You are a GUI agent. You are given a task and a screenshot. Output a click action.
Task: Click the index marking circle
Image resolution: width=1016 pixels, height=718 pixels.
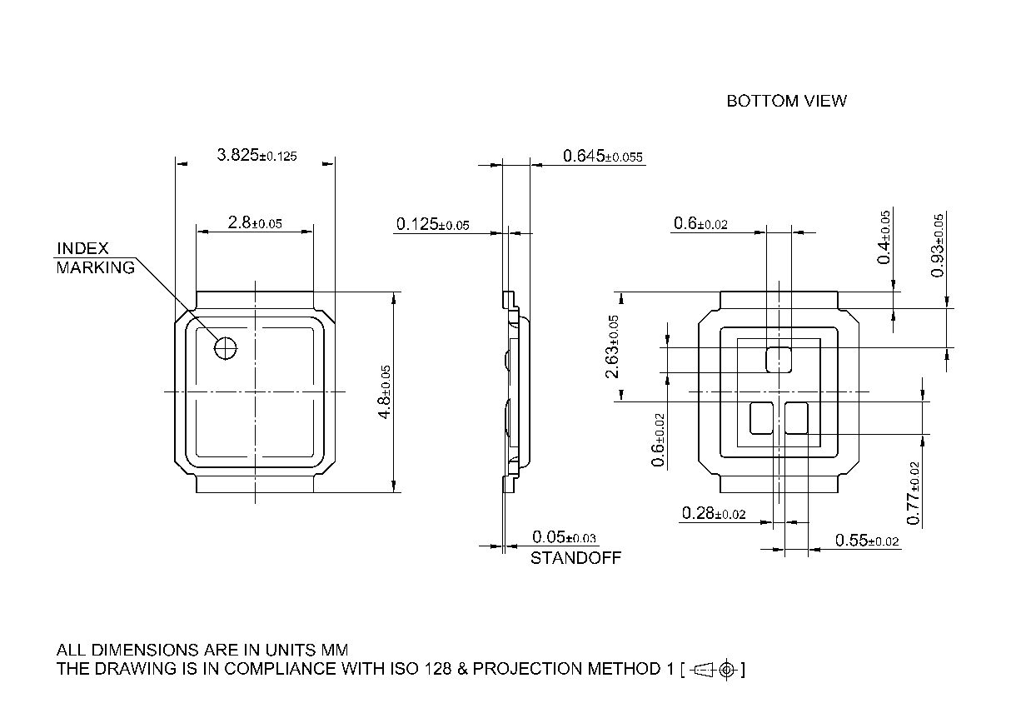(226, 348)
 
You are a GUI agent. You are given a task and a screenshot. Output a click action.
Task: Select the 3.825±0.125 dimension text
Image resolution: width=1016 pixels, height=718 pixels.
(256, 155)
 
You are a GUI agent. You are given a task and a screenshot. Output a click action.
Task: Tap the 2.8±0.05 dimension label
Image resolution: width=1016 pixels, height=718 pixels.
(254, 222)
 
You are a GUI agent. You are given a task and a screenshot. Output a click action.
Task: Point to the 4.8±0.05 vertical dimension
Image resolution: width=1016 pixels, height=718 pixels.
(386, 391)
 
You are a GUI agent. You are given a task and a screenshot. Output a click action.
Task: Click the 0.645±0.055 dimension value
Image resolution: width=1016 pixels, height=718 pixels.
(603, 156)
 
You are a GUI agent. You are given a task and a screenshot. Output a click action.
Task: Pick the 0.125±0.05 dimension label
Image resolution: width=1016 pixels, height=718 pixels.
(432, 224)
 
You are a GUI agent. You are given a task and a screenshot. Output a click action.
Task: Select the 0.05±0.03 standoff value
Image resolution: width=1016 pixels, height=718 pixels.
(565, 537)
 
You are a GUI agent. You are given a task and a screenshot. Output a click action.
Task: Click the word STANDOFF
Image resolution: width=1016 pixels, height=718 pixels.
(575, 558)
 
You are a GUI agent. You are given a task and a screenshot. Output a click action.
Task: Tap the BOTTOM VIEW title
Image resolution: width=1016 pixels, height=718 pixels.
(786, 101)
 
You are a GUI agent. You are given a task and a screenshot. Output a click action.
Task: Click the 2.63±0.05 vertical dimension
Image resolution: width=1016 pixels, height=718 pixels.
(613, 347)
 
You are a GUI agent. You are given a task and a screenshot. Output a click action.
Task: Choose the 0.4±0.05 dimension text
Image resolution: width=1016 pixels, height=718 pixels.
(884, 237)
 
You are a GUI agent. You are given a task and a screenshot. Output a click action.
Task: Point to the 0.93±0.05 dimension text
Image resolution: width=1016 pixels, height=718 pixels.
(938, 246)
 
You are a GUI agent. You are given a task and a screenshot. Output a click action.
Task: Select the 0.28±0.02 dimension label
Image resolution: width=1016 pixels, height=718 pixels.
(713, 513)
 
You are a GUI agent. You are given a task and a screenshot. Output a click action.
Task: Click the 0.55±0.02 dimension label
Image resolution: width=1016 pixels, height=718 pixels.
(867, 541)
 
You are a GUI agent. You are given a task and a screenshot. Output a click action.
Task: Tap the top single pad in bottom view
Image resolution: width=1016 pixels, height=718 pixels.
(779, 359)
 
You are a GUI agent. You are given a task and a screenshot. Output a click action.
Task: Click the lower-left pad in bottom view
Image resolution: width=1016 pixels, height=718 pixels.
(761, 417)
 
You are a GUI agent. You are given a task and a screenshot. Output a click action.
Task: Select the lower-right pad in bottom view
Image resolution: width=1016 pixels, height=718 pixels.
(797, 417)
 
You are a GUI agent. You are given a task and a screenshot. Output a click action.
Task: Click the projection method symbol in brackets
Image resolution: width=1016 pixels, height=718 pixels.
(713, 669)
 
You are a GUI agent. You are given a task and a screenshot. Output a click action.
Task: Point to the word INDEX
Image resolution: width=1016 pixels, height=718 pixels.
(82, 249)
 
